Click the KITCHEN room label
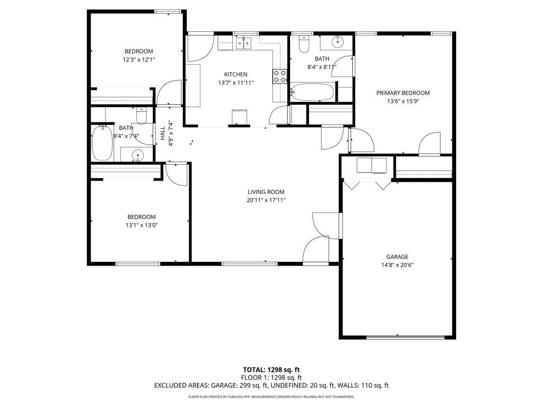[x=235, y=74]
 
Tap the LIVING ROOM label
[x=266, y=192]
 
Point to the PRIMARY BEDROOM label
[x=402, y=93]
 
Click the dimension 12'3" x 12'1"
[x=138, y=60]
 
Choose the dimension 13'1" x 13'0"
[x=142, y=225]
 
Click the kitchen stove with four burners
[x=279, y=76]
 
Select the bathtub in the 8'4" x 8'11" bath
[x=313, y=92]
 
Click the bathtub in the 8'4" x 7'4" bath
[x=102, y=142]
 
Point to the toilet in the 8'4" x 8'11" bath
[x=304, y=45]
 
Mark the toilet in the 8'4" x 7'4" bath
[x=141, y=115]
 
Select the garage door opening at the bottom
[x=405, y=336]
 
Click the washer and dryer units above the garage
[x=372, y=166]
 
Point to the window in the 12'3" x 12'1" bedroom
[x=167, y=11]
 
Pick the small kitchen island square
[x=240, y=116]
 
